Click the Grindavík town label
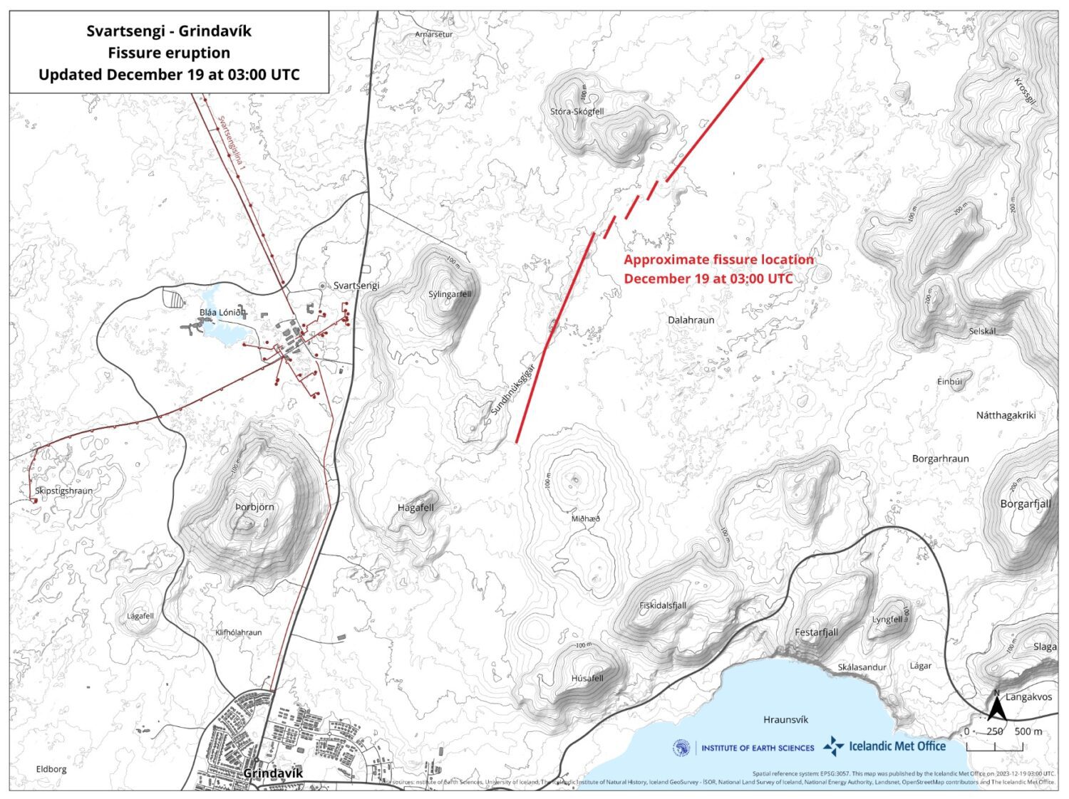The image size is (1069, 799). tap(273, 773)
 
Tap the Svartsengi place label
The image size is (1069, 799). tap(356, 286)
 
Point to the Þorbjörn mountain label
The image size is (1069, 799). tap(254, 507)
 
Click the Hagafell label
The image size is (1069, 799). tap(415, 508)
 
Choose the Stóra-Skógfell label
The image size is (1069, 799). tap(577, 111)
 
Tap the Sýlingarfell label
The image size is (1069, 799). tap(450, 294)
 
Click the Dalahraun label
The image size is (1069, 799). tap(691, 320)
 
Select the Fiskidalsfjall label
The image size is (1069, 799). tap(663, 605)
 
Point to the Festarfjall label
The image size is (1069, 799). tap(816, 632)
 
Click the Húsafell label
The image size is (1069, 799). tap(587, 678)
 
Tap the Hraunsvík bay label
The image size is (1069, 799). tap(785, 719)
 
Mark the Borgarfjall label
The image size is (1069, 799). tap(1026, 504)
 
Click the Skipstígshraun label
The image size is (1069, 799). tap(64, 491)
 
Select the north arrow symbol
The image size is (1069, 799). tap(997, 708)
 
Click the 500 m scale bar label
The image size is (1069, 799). tap(1028, 731)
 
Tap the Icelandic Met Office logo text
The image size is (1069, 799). tap(897, 746)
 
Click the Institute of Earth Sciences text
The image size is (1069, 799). tap(757, 748)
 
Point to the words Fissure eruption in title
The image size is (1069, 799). tap(169, 53)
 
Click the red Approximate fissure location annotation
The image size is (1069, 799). tap(718, 269)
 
